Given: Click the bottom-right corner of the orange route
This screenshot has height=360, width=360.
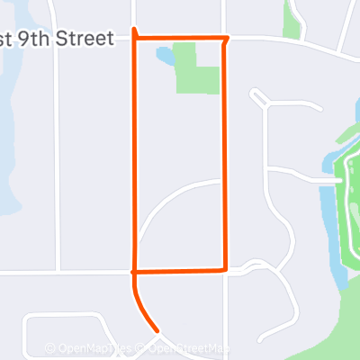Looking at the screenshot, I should point(223,269).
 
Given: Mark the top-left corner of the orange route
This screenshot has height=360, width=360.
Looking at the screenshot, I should point(135,37).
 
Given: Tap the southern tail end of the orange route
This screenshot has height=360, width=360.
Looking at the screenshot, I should point(157,329).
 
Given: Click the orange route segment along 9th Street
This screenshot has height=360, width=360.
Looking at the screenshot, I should point(180,38).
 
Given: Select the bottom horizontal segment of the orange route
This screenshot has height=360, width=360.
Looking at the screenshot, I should point(180,270).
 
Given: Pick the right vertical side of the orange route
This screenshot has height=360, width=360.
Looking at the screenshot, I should point(223,153).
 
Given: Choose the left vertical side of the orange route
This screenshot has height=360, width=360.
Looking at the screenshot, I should point(135,153).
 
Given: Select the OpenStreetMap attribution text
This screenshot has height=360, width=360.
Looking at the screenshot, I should point(192,348).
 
